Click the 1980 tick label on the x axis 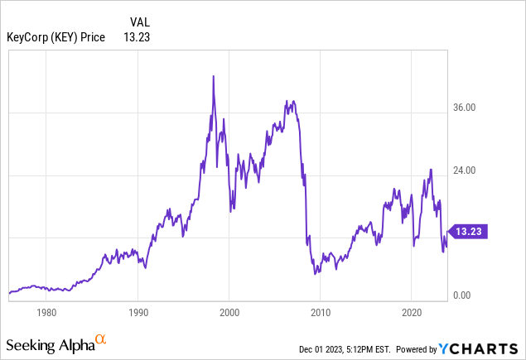click(x=46, y=313)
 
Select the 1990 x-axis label click(x=138, y=313)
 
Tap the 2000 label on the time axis click(x=229, y=313)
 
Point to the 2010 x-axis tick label click(x=321, y=313)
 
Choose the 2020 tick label click(x=413, y=313)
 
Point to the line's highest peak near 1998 click(x=214, y=76)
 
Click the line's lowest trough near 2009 click(x=316, y=274)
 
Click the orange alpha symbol click(x=100, y=339)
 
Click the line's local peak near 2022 click(x=431, y=170)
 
